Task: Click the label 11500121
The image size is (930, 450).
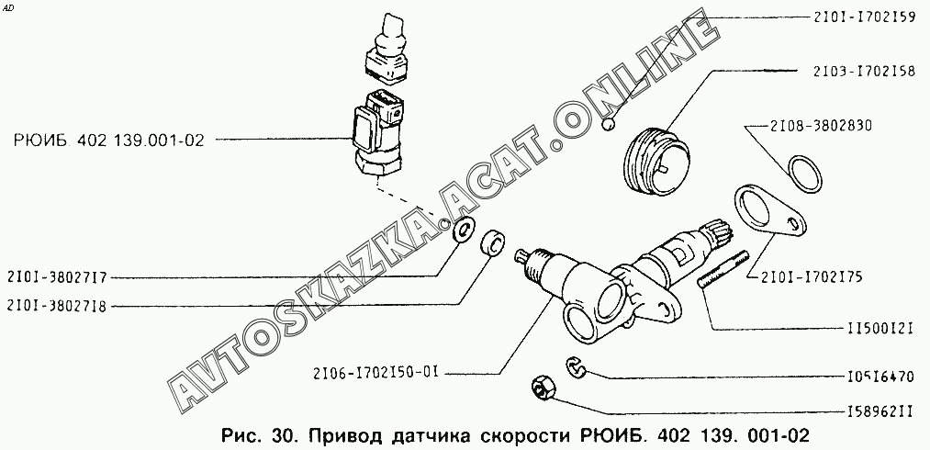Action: [879, 329]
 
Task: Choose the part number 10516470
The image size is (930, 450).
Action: [879, 377]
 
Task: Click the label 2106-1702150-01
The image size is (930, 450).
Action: [376, 374]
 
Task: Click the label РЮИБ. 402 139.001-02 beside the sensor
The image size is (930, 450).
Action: [108, 141]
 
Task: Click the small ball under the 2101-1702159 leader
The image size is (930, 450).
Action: [608, 125]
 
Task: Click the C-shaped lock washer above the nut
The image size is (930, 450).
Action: [574, 366]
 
